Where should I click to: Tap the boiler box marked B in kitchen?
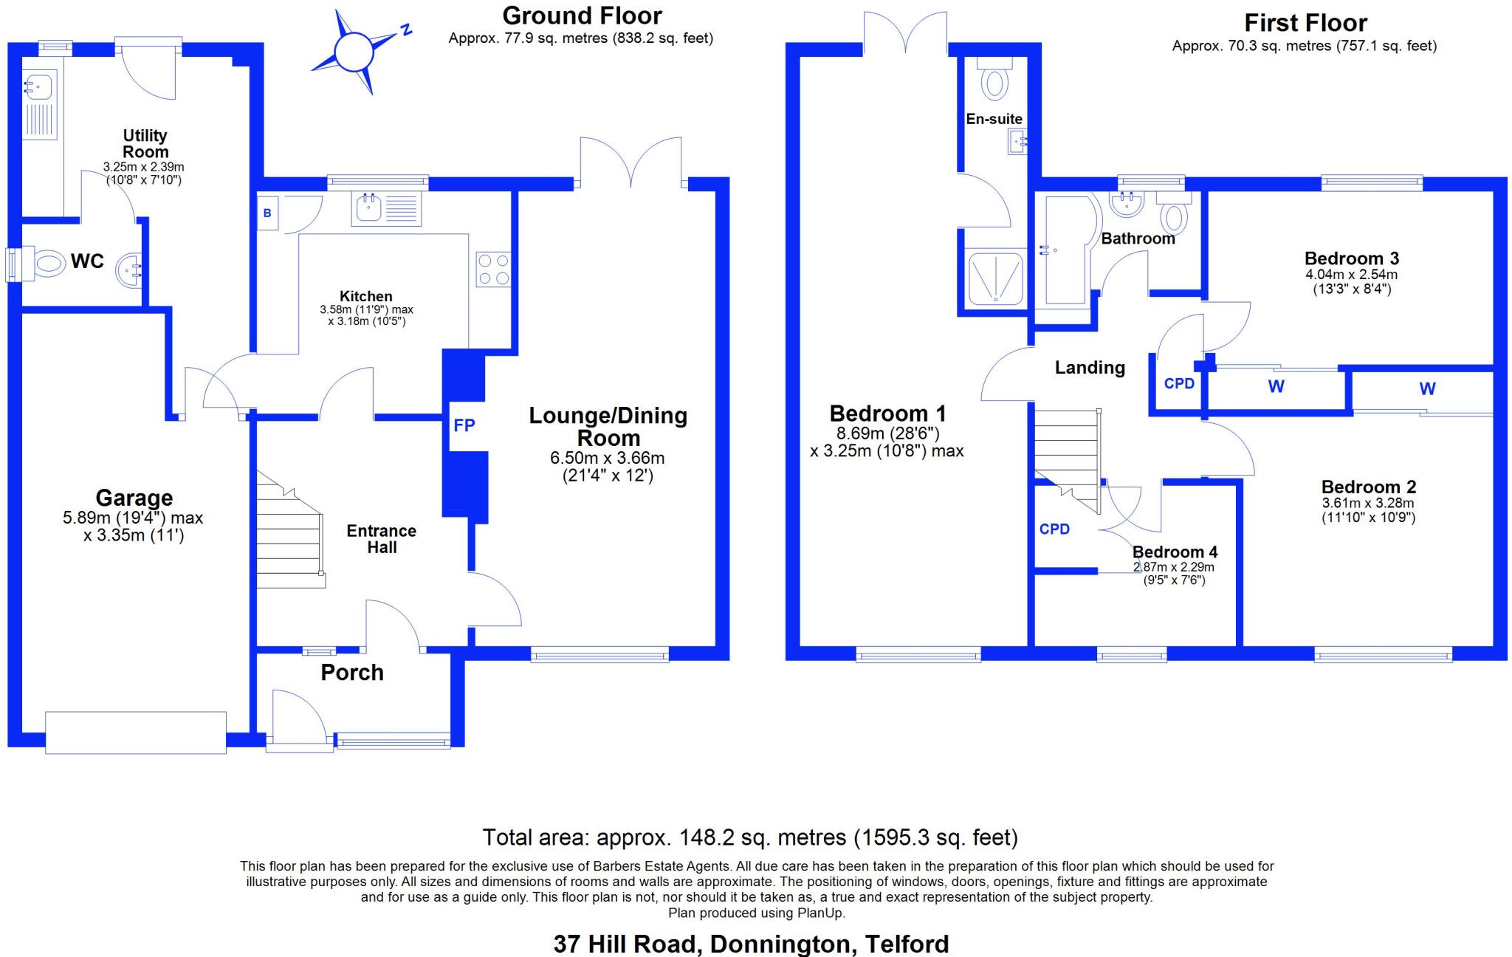click(268, 213)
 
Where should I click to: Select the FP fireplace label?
click(464, 425)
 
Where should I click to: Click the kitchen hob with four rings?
click(493, 269)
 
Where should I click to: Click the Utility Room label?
click(145, 143)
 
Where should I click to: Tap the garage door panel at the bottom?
click(136, 733)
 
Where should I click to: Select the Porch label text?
click(352, 673)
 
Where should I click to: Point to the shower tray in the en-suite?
click(995, 278)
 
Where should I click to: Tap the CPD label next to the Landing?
click(1179, 384)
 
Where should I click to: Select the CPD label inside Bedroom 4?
click(1054, 529)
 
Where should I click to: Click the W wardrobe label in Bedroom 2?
click(1427, 388)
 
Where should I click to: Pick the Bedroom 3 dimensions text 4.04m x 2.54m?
click(1351, 274)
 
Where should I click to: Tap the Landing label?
click(1090, 368)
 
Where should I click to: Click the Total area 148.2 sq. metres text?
click(750, 837)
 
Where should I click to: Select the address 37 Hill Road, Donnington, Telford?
click(751, 944)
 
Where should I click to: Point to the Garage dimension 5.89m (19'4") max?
click(133, 518)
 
